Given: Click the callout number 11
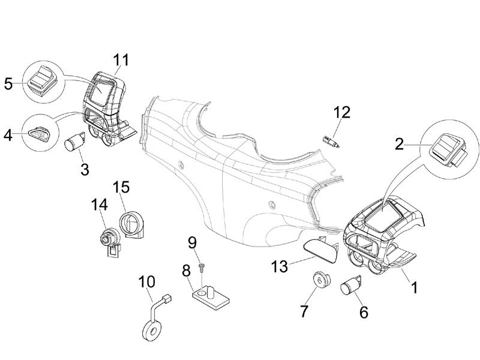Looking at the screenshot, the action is [121, 60].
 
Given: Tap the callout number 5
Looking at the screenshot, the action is [8, 83].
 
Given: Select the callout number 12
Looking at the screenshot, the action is [341, 112].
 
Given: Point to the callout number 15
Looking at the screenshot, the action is [121, 187].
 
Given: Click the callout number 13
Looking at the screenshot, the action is [280, 266].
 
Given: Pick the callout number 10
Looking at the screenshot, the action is [146, 282].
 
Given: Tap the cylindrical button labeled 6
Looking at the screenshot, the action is [350, 286].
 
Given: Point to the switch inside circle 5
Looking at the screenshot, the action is [42, 80].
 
